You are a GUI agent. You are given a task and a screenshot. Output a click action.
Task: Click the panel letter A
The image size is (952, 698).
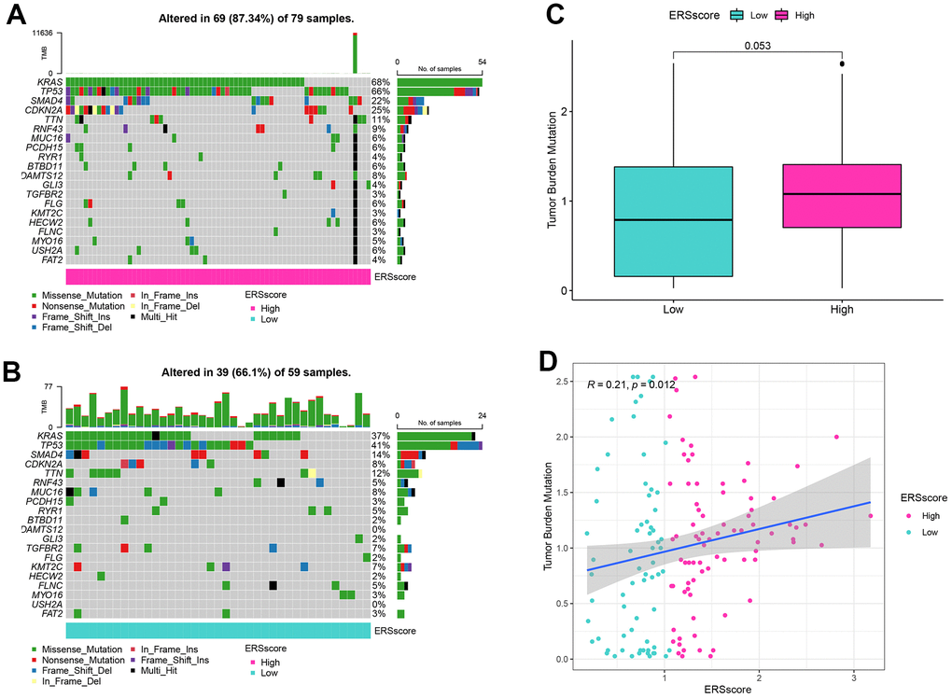click(16, 16)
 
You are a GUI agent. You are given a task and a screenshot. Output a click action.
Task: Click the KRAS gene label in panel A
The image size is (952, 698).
click(50, 82)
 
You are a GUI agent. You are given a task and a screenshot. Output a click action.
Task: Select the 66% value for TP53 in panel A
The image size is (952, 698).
click(379, 91)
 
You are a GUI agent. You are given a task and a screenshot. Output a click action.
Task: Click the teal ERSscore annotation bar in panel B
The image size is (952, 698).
click(217, 631)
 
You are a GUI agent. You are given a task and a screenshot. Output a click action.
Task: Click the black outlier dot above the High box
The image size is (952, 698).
click(843, 63)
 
